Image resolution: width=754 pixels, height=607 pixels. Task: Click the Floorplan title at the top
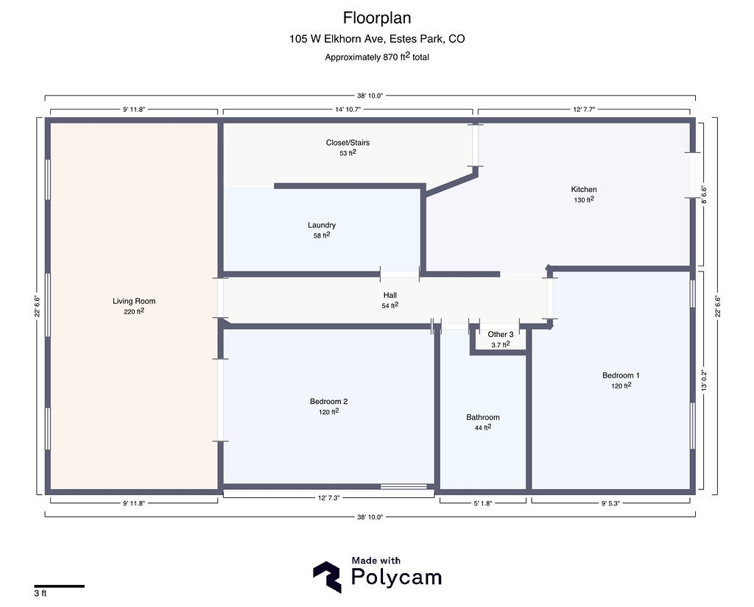pos(377,17)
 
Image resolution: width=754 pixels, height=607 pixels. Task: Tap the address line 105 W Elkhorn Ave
pos(377,39)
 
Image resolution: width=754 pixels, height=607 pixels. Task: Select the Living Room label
pos(134,301)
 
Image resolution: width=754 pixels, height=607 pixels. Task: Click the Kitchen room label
pos(584,189)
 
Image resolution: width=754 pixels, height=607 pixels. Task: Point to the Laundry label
pos(322,225)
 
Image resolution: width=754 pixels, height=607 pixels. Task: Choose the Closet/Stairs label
pos(348,143)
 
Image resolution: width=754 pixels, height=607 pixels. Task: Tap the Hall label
pos(390,295)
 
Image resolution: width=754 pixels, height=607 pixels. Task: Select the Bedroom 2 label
pos(328,402)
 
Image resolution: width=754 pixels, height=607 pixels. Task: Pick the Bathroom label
pos(483,417)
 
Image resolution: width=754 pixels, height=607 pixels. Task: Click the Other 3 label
pos(501,335)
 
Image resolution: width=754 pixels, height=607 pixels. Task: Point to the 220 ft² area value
pos(134,311)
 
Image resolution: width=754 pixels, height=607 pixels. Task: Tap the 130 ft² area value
pos(584,199)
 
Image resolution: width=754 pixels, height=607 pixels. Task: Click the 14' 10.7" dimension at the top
pos(348,109)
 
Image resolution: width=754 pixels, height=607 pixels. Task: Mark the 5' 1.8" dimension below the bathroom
pos(483,503)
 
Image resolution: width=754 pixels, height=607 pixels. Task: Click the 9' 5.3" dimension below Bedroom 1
pos(611,503)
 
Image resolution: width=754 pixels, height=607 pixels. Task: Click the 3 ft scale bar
pos(59,586)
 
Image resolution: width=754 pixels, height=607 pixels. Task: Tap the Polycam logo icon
pos(327,577)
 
